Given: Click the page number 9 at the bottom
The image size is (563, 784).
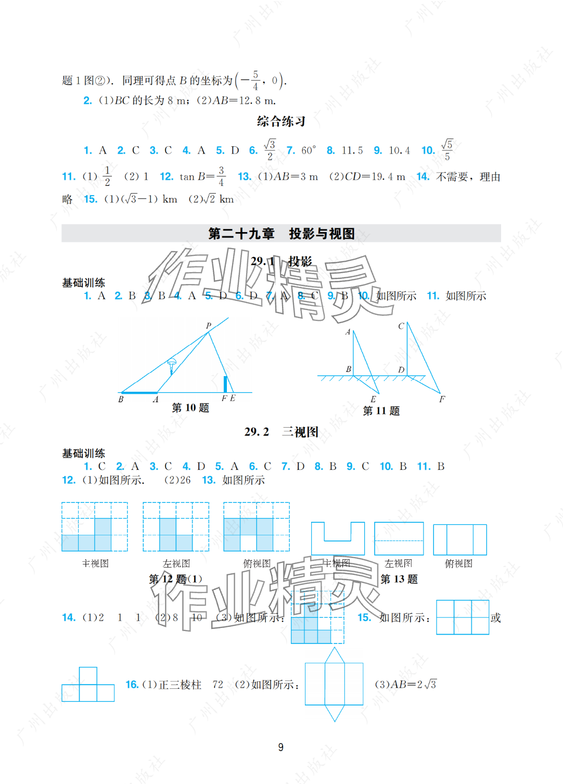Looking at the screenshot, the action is [281, 747].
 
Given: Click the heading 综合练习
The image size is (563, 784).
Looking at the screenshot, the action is [281, 122].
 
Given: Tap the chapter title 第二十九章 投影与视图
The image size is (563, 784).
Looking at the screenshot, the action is [281, 234].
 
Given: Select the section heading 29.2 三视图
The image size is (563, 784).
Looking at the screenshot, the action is [281, 432].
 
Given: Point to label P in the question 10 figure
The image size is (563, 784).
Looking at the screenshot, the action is [209, 326].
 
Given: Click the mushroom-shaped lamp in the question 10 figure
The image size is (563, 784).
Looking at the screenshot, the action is [172, 364].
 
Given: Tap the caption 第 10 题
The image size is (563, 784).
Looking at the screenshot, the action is [190, 408].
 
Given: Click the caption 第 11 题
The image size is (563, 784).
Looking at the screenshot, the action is [381, 411].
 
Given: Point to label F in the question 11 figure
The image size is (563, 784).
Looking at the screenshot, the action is [442, 399].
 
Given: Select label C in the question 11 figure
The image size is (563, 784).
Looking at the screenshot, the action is [401, 326].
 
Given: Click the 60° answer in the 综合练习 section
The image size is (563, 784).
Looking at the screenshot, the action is [309, 150].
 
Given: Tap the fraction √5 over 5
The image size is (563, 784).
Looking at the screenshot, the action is [447, 150].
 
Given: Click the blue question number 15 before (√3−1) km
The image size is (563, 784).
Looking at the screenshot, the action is [91, 199].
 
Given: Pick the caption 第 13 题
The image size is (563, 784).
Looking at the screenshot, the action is [399, 579].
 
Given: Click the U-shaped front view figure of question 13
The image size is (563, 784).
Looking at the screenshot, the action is [338, 538].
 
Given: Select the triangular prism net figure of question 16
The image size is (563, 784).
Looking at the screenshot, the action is [334, 684].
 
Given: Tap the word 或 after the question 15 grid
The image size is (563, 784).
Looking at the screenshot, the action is [496, 618].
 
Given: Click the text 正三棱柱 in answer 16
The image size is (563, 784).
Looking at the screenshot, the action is [180, 685].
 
